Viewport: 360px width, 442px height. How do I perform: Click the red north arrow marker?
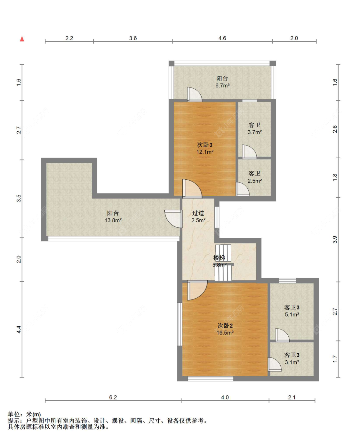22,39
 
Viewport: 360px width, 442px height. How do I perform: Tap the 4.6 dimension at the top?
222,38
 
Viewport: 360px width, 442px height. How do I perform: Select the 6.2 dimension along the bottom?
113,397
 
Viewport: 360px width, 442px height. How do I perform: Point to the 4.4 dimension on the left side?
19,330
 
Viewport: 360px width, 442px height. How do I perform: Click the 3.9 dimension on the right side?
335,240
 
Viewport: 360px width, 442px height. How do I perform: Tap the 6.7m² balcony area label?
222,86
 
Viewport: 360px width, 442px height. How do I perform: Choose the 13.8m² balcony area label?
113,220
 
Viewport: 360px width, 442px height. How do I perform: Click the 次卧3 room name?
204,144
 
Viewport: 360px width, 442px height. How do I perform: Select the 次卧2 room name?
225,325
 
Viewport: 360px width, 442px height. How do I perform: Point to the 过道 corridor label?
198,213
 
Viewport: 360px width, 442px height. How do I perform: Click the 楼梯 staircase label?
219,258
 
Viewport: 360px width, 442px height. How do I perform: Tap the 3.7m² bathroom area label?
255,132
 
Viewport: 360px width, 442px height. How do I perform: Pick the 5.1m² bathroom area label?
292,315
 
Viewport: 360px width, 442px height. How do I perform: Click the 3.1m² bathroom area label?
292,362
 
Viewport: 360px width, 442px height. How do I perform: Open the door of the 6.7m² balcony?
195,94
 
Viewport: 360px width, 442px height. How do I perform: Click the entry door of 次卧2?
197,290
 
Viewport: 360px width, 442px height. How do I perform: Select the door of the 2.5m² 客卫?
243,189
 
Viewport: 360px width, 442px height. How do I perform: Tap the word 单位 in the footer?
14,414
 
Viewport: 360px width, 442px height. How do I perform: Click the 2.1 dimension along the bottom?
292,397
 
